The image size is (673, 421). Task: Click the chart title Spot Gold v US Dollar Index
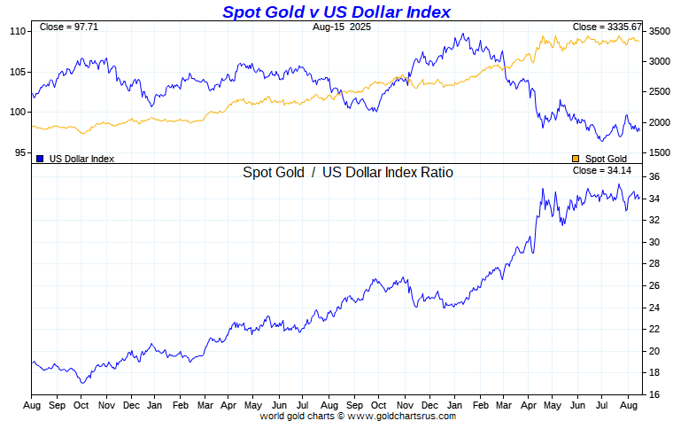pos(336,12)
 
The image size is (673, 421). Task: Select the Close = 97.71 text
pos(63,27)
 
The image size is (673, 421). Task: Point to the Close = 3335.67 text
pos(607,27)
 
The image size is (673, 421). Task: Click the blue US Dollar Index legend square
pos(41,158)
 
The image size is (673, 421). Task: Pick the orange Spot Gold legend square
pos(576,158)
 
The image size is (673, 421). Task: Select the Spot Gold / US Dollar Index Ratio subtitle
pos(348,172)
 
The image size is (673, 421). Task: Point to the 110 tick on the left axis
pos(18,31)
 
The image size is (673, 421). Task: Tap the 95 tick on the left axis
pos(20,152)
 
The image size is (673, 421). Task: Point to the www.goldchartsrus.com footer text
pos(402,415)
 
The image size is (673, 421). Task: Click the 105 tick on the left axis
pos(18,72)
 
